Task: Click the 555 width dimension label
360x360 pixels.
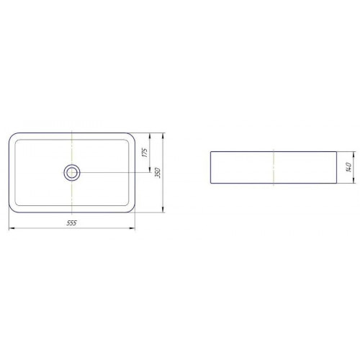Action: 71,223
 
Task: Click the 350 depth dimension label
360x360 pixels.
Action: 158,173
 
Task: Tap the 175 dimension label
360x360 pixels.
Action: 145,153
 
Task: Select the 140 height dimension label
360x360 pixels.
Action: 348,167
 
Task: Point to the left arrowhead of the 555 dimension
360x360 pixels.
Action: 12,228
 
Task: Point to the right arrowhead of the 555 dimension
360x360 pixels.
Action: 132,228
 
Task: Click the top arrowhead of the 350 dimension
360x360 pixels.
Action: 163,136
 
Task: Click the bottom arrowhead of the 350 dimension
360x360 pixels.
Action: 163,210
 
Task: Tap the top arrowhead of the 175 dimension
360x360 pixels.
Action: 150,136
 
